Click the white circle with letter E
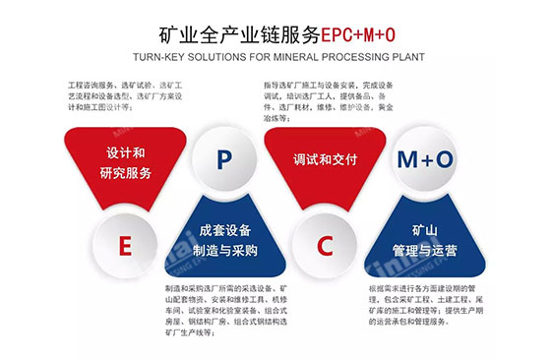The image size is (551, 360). [125, 246]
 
